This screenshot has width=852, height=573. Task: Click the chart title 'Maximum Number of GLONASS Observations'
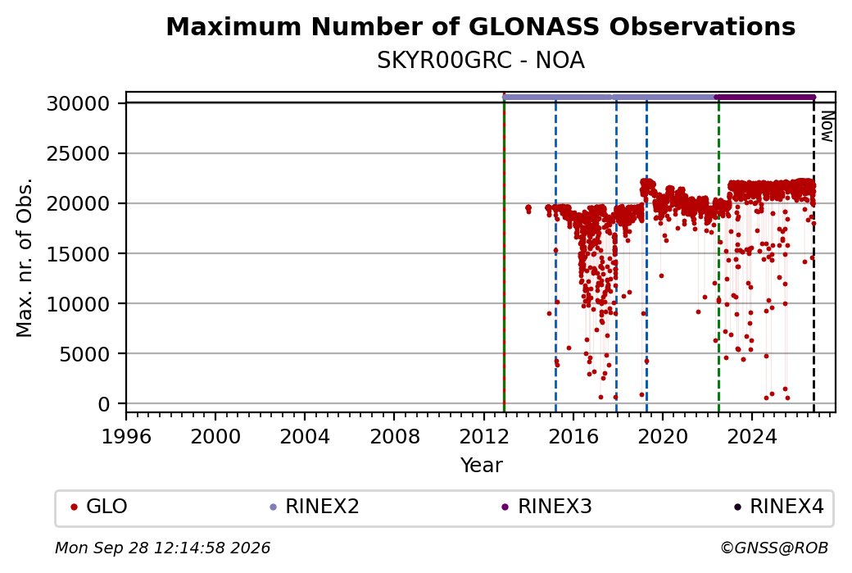point(480,26)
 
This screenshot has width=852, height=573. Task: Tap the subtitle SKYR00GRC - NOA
point(480,61)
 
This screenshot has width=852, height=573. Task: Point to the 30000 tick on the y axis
point(78,103)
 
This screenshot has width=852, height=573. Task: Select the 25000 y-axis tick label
point(78,153)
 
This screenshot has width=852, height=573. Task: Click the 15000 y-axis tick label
point(78,254)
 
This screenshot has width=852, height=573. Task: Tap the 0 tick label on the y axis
point(104,404)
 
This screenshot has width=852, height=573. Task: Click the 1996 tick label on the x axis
point(126,436)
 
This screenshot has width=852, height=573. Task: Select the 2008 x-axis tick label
point(395,436)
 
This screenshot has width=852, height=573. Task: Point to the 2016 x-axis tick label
point(573,436)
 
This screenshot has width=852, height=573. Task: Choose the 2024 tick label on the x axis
point(752,436)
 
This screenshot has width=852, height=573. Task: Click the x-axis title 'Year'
point(481,466)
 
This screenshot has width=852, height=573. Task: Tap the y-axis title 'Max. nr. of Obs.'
point(25,257)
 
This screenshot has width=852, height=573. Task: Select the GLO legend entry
point(99,507)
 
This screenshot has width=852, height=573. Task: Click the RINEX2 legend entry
point(315,507)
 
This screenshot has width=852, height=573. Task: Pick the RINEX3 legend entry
point(546,507)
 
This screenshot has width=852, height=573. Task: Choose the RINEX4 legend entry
point(778,507)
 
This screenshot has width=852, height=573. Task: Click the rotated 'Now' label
point(827,126)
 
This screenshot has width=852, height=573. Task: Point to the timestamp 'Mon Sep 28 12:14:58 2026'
point(162,548)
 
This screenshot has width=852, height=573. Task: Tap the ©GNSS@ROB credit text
point(774,548)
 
